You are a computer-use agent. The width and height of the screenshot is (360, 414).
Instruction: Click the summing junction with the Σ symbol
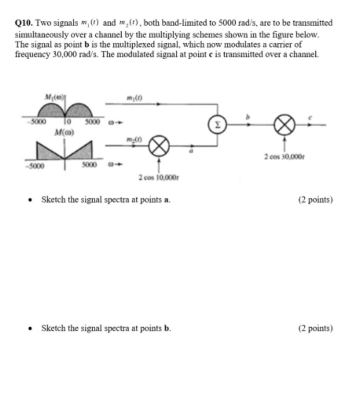tap(217, 125)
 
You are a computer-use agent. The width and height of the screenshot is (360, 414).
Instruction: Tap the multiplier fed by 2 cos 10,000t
tap(159, 147)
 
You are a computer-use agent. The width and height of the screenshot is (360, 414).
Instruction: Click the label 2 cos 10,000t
tap(158, 177)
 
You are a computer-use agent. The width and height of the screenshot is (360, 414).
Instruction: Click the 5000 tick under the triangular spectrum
tap(91, 164)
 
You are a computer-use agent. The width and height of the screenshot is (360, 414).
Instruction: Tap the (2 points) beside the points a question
tap(316, 199)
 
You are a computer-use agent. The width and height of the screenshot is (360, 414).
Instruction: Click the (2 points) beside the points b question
tap(316, 328)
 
